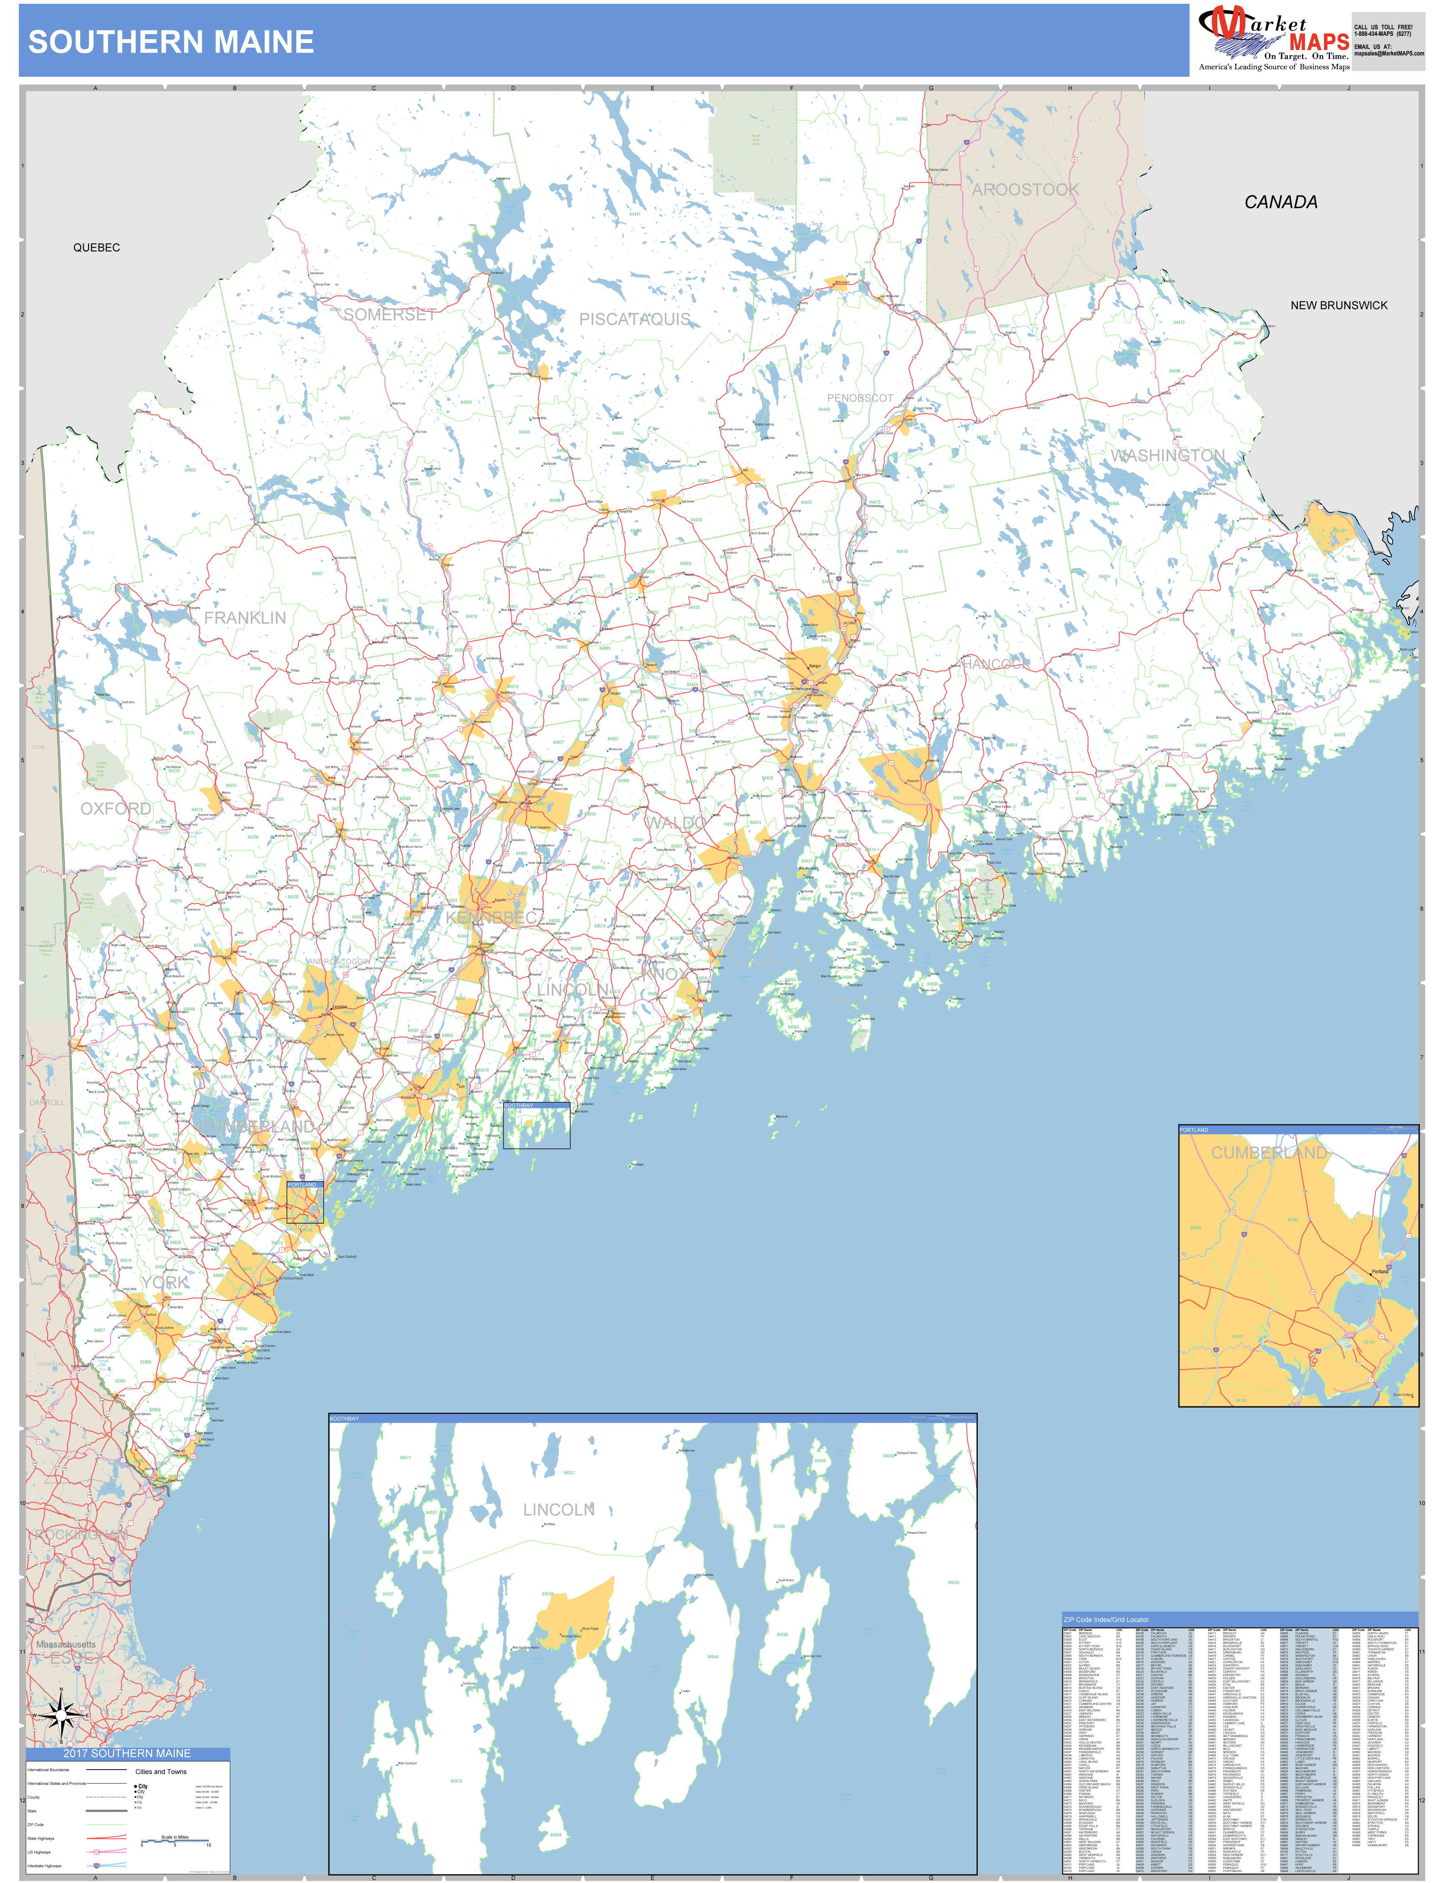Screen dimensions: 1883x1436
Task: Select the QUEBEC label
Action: pos(96,248)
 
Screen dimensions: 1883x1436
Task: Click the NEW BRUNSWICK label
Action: pos(1339,305)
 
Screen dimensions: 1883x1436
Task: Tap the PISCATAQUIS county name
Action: pos(634,319)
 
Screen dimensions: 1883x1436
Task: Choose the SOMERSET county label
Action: pos(390,315)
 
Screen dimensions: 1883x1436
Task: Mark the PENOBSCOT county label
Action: pos(859,398)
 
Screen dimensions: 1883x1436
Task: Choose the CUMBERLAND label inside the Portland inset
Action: pos(1269,1153)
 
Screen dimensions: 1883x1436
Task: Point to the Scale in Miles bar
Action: pos(175,1843)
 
